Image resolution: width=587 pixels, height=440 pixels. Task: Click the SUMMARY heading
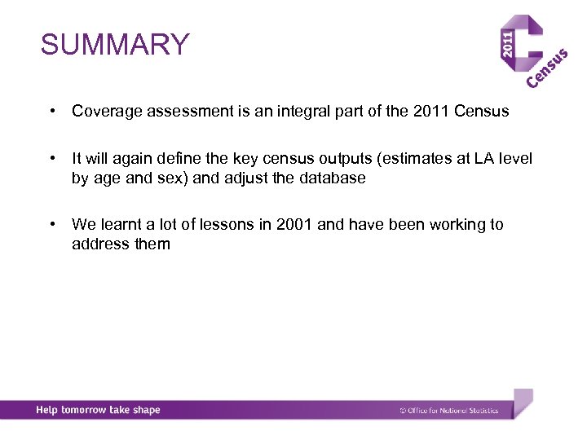(x=115, y=45)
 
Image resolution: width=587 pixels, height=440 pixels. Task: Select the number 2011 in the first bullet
(x=430, y=112)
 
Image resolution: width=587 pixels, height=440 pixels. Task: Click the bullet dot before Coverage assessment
(x=51, y=112)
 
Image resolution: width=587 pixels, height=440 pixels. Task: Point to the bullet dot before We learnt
(x=51, y=224)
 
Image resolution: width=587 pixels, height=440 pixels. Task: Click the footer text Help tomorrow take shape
(x=98, y=410)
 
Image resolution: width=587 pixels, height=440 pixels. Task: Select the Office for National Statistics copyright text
(x=449, y=411)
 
